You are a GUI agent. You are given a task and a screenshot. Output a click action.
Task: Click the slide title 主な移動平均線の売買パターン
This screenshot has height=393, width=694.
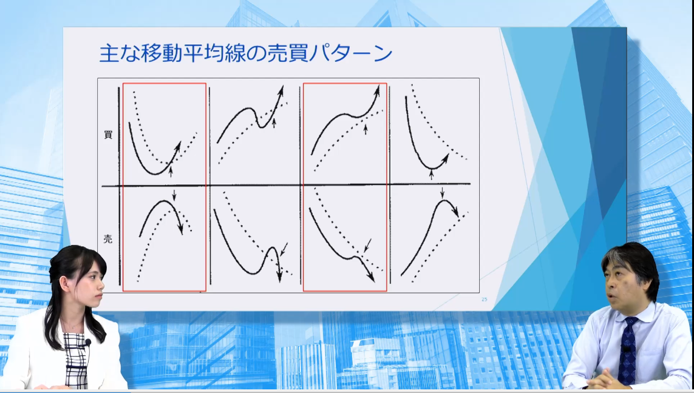tap(246, 53)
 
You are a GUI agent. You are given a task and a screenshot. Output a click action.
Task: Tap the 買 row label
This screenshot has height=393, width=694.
tap(108, 135)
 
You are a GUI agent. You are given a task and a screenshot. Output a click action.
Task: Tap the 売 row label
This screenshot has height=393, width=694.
tap(108, 239)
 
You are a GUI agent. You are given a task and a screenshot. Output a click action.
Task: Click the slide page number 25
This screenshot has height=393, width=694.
tap(484, 299)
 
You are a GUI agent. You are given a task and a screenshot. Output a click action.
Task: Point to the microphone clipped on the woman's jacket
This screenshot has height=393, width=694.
tap(88, 343)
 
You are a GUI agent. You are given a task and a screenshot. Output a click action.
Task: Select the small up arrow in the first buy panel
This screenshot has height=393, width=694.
tap(171, 172)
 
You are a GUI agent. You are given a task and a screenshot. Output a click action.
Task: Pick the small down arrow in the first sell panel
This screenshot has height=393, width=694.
tap(174, 195)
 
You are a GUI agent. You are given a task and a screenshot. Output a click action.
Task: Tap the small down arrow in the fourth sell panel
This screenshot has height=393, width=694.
tap(441, 193)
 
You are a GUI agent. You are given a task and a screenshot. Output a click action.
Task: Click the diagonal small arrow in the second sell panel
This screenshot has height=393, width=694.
tap(284, 249)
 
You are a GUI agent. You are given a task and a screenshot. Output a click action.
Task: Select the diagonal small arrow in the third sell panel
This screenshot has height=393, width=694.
tap(367, 246)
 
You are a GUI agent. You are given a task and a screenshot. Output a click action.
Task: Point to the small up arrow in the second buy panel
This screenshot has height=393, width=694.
tap(273, 123)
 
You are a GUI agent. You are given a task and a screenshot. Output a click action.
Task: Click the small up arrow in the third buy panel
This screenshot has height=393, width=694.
tap(366, 129)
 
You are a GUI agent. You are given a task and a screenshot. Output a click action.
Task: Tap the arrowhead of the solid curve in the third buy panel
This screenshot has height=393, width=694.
tap(377, 90)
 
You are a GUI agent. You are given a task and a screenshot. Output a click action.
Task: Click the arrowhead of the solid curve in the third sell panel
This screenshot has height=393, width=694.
tap(371, 277)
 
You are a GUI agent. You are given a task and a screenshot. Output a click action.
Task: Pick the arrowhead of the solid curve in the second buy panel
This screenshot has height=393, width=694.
tap(281, 91)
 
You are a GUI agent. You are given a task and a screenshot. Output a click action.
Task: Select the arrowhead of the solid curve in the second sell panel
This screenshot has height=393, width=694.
tap(279, 277)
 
